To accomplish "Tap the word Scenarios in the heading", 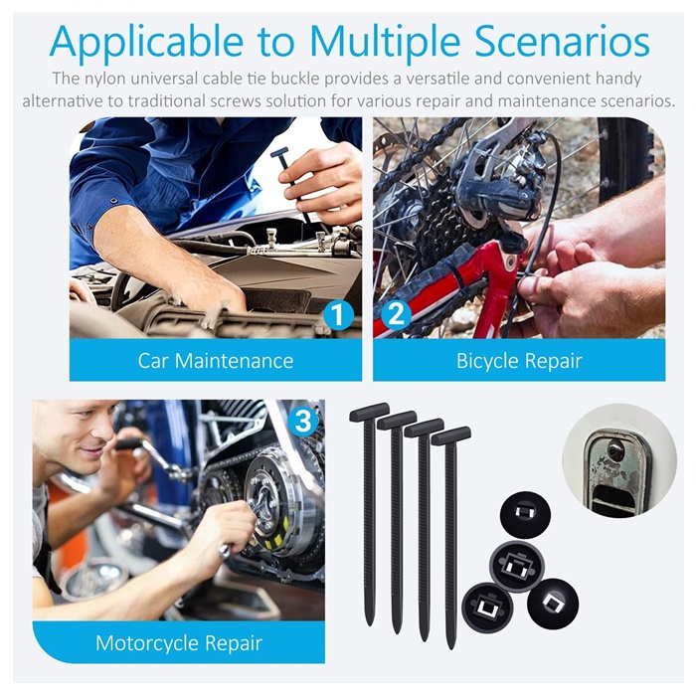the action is pos(562,41).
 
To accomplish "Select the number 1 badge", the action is pos(338,314).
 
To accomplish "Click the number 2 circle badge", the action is pos(396,314).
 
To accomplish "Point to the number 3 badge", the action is pos(303,421).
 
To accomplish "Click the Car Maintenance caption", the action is pos(216,360).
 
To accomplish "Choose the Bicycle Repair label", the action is pos(519,360).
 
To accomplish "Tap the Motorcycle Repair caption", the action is pos(179,642).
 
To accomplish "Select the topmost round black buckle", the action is pos(525,515).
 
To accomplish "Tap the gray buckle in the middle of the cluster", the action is pos(517,567).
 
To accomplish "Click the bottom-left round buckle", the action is pos(487,608).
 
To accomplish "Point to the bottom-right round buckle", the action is pos(553,603).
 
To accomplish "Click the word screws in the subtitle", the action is pos(232,101).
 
